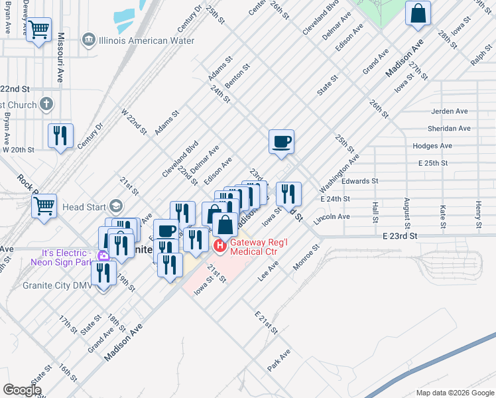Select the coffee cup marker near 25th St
coord(281,141)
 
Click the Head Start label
coord(83,207)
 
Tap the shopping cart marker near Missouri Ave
coord(40,30)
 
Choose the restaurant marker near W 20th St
coord(61,136)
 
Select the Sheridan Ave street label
coord(450,129)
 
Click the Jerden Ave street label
coord(450,111)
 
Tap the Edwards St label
coord(359,180)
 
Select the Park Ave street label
coord(279,359)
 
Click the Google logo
coord(22,390)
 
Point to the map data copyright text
coord(454,392)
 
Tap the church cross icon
coord(46,103)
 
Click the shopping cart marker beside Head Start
coord(44,206)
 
